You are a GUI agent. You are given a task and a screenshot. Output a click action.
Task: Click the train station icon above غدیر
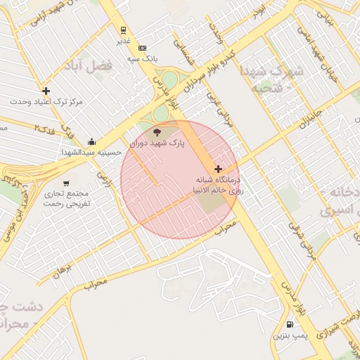pyautogui.click(x=124, y=30)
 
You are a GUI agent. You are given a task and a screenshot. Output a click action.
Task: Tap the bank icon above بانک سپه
pyautogui.click(x=143, y=48)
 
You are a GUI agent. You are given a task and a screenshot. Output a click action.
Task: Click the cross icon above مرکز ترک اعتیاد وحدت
pyautogui.click(x=46, y=91)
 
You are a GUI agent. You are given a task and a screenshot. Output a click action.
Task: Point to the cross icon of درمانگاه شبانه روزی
pyautogui.click(x=219, y=169)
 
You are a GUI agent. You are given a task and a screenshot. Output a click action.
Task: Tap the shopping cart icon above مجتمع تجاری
pyautogui.click(x=66, y=183)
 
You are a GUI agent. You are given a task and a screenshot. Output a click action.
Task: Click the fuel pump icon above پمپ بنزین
pyautogui.click(x=290, y=324)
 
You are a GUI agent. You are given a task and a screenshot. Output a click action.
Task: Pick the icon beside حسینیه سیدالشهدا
pyautogui.click(x=92, y=141)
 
